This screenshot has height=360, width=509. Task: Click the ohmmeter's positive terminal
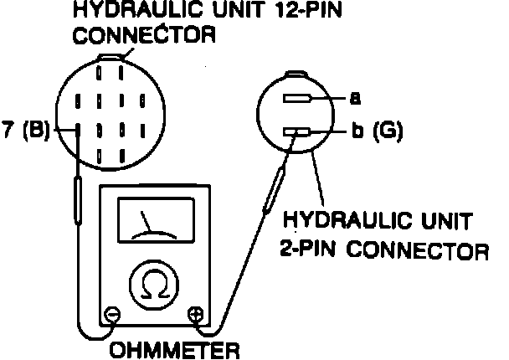198,316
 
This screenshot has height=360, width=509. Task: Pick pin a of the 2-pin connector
297,99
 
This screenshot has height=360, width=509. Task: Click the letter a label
355,99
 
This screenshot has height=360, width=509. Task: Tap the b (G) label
376,131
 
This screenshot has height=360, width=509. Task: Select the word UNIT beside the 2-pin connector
443,221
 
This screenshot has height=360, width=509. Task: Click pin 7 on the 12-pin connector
78,131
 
